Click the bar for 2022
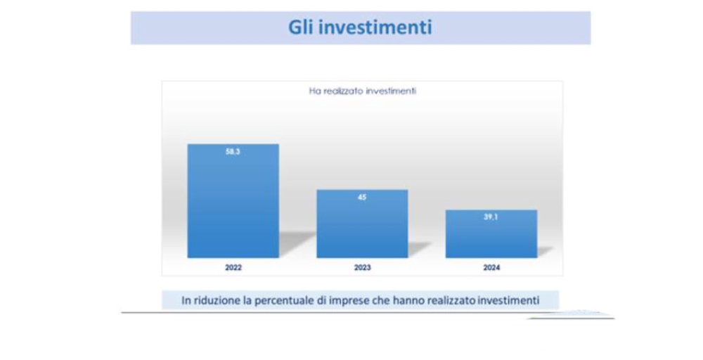coord(233,201)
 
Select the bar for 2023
coord(362,224)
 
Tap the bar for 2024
coord(491,234)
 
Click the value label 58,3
coord(233,152)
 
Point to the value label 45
coord(362,198)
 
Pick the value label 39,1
coord(491,217)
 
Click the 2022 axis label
coord(233,268)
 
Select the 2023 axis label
coord(362,268)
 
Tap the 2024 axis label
coord(491,268)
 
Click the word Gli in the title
coord(302,27)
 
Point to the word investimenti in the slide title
coord(377,27)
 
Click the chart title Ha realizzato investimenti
coord(363,91)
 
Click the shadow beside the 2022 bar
coord(296,244)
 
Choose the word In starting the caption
coord(186,300)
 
